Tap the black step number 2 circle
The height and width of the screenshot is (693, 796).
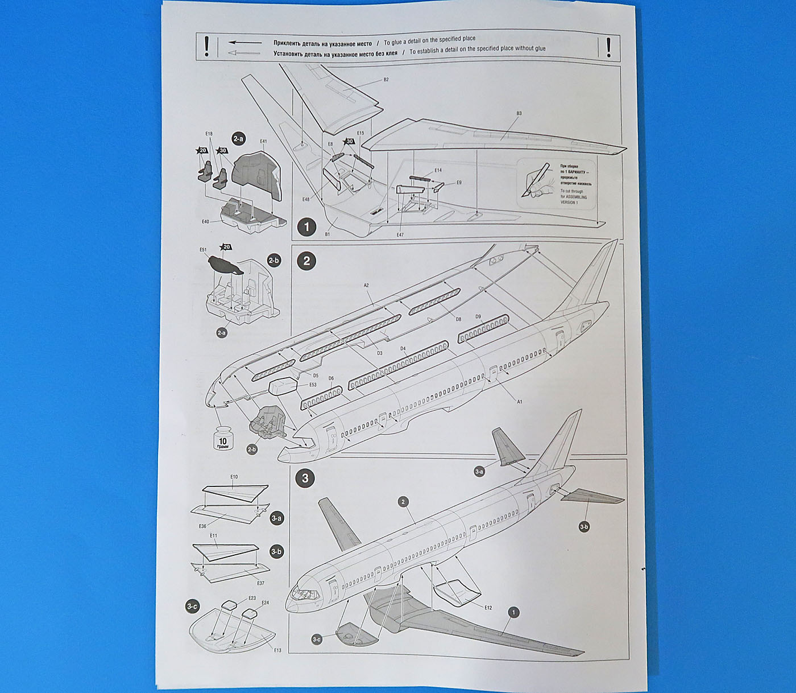click(306, 261)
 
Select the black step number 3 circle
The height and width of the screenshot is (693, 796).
click(305, 478)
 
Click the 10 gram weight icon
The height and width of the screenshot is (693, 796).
click(223, 438)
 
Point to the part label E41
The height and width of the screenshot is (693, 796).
click(263, 141)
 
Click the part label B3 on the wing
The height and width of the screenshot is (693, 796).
click(519, 114)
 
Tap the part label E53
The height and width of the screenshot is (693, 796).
click(313, 385)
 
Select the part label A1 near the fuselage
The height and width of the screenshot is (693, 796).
click(519, 402)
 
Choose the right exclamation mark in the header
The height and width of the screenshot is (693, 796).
click(608, 47)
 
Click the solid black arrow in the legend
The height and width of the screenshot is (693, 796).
click(245, 43)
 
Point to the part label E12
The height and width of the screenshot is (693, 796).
click(488, 608)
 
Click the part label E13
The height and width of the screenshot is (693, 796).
click(277, 650)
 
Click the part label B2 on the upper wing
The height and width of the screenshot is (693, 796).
click(386, 80)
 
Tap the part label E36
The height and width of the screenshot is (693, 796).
click(202, 526)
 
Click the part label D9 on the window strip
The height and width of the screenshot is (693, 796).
click(478, 316)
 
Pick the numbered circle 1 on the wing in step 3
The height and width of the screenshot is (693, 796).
click(513, 612)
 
